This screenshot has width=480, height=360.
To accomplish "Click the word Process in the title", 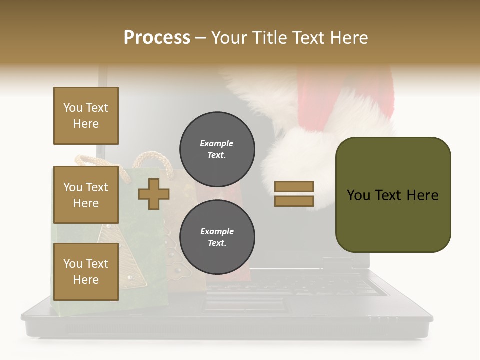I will coord(157,38).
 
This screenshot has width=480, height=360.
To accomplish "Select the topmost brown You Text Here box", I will coord(86,116).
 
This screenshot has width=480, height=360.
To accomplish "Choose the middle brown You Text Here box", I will coord(86,195).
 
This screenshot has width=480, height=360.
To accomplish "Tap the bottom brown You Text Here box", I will coord(86,271).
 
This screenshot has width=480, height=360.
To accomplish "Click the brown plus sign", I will coord(153,194).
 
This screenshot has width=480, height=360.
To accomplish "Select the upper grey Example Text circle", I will coord(217,149).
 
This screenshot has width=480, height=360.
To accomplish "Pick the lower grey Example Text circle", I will coord(217,237).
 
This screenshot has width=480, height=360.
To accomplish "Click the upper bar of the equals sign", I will coord(294,186).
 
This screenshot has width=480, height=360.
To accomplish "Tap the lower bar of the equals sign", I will coord(294,201).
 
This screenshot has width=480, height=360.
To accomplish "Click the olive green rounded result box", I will coord(393,195).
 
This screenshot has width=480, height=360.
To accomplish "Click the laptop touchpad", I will coord(245,304).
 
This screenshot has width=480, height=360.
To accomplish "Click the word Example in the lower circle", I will coord(217,231).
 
